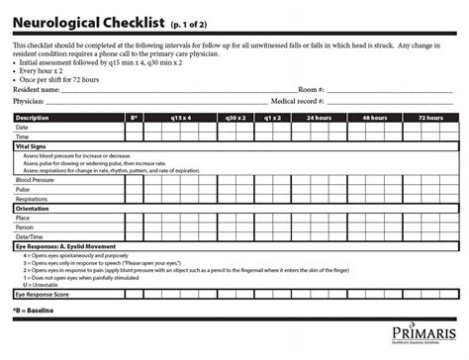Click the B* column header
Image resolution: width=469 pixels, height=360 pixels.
pyautogui.click(x=134, y=118)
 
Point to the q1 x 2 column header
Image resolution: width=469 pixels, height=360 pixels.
pyautogui.click(x=271, y=118)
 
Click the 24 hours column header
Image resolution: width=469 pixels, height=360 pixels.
pyautogui.click(x=318, y=118)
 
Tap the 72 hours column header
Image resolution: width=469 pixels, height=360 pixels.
pyautogui.click(x=430, y=118)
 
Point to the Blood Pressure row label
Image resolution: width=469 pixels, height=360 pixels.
pyautogui.click(x=36, y=181)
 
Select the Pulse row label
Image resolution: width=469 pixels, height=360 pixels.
pyautogui.click(x=23, y=190)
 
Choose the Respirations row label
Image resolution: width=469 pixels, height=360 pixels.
pyautogui.click(x=32, y=199)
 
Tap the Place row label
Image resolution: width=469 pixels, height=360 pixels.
pyautogui.click(x=23, y=219)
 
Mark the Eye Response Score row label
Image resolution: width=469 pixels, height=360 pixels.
pyautogui.click(x=43, y=295)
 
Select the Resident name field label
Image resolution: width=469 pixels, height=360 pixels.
pyautogui.click(x=36, y=89)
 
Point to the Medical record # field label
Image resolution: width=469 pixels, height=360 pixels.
pyautogui.click(x=298, y=101)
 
